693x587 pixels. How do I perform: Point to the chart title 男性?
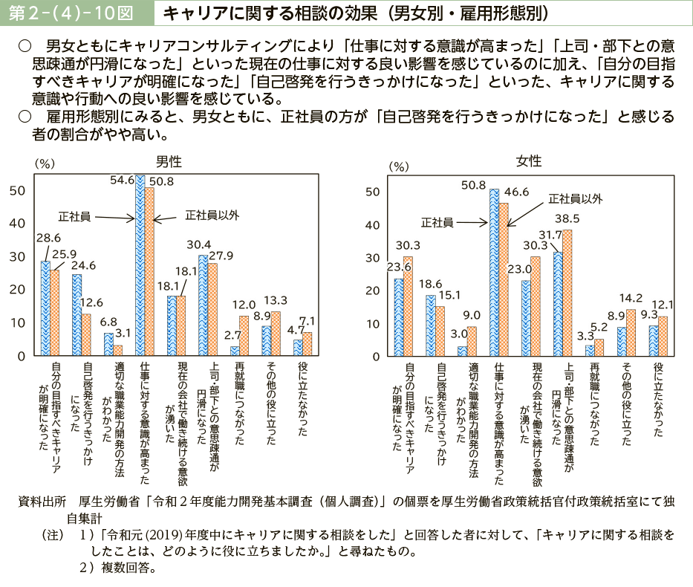coord(169,160)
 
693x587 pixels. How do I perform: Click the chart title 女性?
coord(529,161)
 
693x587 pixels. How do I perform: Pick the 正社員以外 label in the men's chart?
coord(212,215)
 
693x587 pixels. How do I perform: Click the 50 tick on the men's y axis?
coord(18,190)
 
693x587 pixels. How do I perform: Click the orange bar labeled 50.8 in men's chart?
coord(149,272)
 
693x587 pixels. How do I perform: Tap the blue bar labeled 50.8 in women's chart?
coord(494,273)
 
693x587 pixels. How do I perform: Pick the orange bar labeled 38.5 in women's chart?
coord(567,293)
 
